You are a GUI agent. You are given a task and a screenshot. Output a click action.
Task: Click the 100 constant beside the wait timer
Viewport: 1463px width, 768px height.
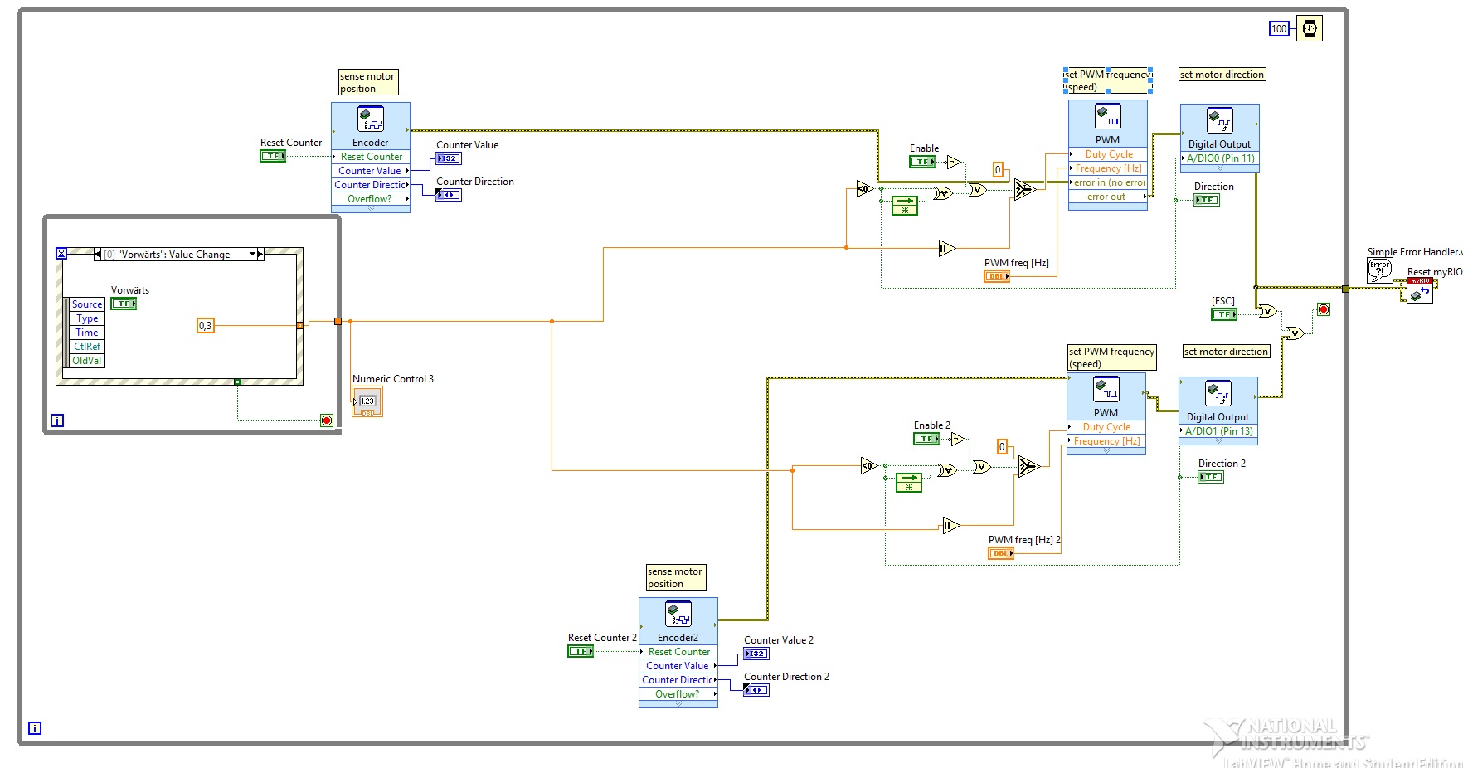(1279, 29)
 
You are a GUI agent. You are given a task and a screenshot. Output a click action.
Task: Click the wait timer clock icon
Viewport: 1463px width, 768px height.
(1309, 29)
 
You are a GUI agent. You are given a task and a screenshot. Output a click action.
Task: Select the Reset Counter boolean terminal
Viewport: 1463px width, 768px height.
(273, 156)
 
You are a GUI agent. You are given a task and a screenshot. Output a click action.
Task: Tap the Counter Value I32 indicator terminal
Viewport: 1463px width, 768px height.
(449, 158)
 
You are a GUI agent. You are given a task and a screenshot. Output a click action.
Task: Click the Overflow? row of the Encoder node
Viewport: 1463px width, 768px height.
(370, 199)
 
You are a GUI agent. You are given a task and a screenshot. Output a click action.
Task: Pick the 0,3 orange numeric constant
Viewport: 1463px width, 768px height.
(206, 326)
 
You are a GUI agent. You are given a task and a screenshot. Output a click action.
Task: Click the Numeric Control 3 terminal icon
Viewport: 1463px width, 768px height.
(367, 401)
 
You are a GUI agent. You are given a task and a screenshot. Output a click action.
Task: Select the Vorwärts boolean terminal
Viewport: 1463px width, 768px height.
(124, 304)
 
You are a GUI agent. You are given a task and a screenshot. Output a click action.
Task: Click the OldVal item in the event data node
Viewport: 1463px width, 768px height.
(87, 361)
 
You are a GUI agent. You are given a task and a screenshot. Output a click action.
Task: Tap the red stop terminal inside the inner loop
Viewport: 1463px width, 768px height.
(327, 420)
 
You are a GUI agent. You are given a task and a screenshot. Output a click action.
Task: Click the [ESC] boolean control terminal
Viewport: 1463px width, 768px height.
(1224, 314)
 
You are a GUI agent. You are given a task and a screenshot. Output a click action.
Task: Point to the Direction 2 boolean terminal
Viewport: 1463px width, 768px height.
(1211, 477)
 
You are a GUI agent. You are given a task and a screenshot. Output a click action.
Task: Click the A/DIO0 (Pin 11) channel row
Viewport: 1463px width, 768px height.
(1220, 158)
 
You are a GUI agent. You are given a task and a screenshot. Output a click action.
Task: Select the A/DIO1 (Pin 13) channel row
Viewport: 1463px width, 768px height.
(1218, 431)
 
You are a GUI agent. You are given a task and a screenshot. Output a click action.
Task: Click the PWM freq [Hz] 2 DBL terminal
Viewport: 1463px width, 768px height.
(1001, 553)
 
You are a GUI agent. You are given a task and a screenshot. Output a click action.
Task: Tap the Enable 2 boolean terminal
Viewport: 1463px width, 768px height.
(926, 439)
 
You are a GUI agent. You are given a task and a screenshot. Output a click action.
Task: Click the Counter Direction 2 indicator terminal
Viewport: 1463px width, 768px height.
(756, 690)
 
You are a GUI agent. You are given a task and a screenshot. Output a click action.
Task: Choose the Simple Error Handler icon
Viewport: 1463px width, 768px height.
(1379, 270)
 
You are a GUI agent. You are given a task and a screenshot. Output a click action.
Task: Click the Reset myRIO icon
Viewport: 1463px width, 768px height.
(1420, 291)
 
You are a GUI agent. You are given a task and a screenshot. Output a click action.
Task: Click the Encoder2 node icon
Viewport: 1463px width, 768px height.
(678, 615)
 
